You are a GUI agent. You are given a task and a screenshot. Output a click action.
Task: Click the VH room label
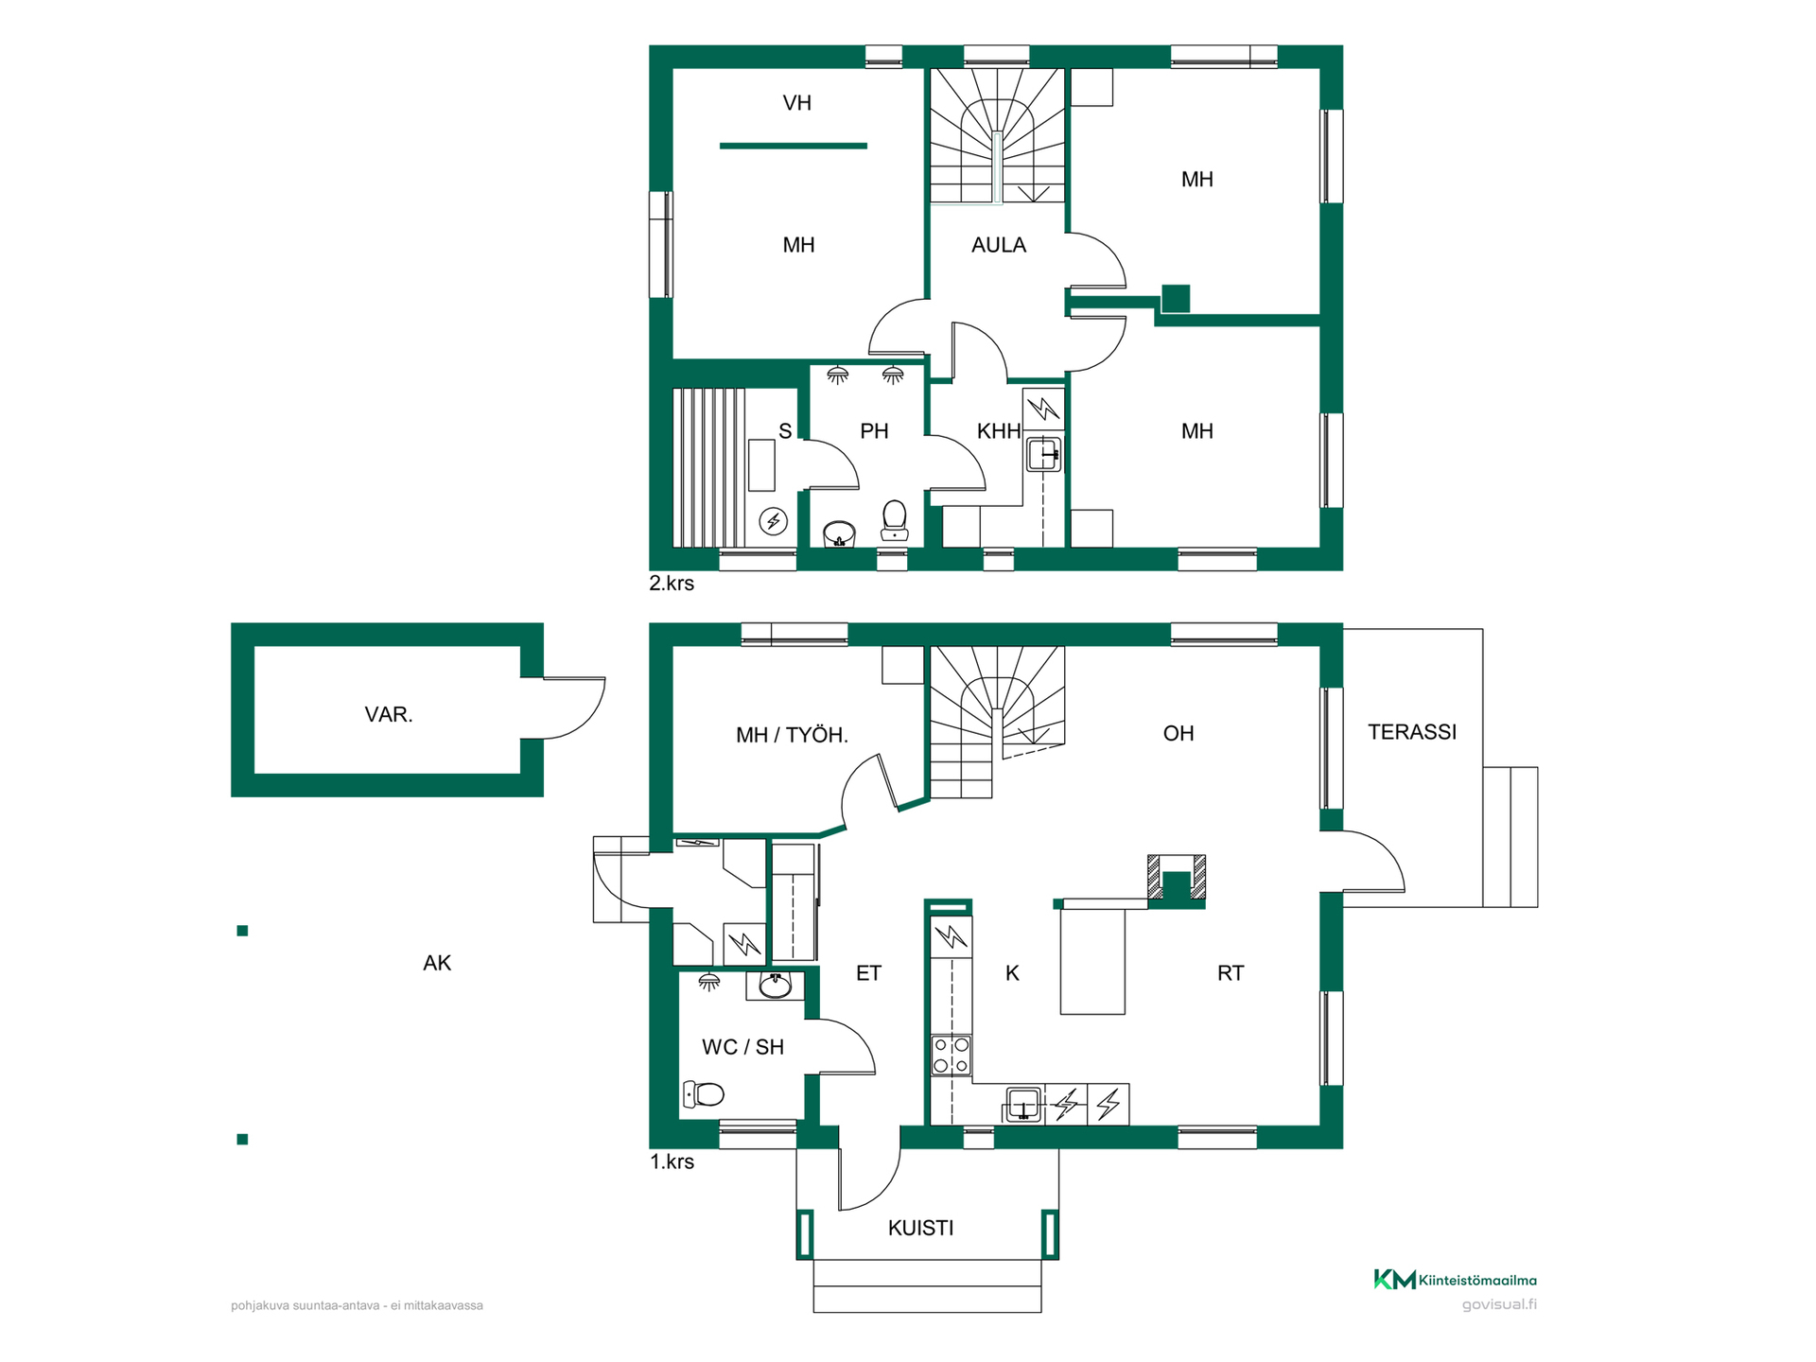[796, 103]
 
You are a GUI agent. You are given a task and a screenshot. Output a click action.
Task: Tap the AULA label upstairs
[998, 245]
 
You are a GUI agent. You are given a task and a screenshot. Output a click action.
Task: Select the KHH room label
[999, 431]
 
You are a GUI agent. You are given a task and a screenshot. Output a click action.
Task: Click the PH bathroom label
[874, 431]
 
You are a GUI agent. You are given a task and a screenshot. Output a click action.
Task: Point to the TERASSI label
[1412, 732]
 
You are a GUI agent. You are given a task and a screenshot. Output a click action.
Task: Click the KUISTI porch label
[920, 1228]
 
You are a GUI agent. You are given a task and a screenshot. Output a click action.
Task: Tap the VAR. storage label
[389, 714]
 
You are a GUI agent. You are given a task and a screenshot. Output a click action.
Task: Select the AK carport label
[437, 963]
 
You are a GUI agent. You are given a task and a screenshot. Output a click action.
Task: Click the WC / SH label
[742, 1047]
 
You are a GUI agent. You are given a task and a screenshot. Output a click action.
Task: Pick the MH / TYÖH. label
[792, 735]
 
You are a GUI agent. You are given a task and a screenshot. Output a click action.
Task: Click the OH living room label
[1179, 733]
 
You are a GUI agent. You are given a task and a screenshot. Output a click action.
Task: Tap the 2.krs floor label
[672, 584]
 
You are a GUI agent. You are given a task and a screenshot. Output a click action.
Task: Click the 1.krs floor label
[672, 1161]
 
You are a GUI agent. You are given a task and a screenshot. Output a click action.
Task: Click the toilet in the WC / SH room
[703, 1095]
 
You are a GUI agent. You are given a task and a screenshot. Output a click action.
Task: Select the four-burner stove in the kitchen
[951, 1056]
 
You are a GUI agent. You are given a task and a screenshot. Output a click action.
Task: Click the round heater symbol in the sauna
[774, 521]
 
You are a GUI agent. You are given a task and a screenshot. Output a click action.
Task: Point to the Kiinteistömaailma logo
[1455, 1280]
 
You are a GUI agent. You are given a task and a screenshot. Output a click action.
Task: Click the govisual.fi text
[1499, 1305]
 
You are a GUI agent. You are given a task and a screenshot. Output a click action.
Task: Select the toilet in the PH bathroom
[894, 521]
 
